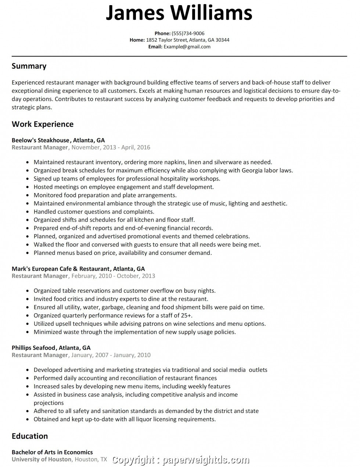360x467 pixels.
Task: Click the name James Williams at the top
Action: click(x=179, y=13)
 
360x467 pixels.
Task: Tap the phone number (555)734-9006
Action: click(x=188, y=33)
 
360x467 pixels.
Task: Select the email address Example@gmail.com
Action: click(x=187, y=47)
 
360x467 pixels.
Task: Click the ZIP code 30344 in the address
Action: click(x=222, y=40)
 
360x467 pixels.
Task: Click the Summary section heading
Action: click(x=29, y=66)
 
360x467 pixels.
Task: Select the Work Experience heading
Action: click(x=43, y=124)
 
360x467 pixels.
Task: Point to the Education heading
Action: click(x=30, y=436)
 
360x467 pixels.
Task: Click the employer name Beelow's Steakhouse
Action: click(x=40, y=140)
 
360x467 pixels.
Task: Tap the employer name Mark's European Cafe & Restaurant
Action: click(x=61, y=269)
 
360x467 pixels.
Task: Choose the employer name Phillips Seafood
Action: click(x=33, y=347)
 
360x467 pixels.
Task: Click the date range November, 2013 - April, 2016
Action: click(x=111, y=147)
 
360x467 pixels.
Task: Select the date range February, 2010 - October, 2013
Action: click(x=113, y=276)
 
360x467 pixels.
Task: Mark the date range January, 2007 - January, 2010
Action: click(x=111, y=355)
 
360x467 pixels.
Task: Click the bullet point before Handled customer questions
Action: click(x=28, y=212)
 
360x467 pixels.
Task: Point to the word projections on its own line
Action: click(x=48, y=403)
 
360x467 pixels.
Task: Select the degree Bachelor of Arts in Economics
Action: click(x=52, y=452)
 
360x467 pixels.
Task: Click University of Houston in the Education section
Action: click(x=42, y=459)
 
